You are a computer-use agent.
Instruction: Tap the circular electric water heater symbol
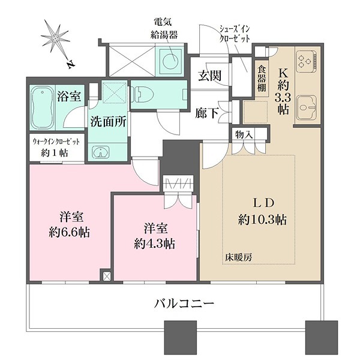tap(170, 59)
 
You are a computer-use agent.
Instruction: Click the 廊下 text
tap(207, 112)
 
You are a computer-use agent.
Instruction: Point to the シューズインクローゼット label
tap(235, 33)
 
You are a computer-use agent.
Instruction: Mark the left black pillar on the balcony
tap(177, 338)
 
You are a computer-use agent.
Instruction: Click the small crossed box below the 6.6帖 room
tap(107, 277)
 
